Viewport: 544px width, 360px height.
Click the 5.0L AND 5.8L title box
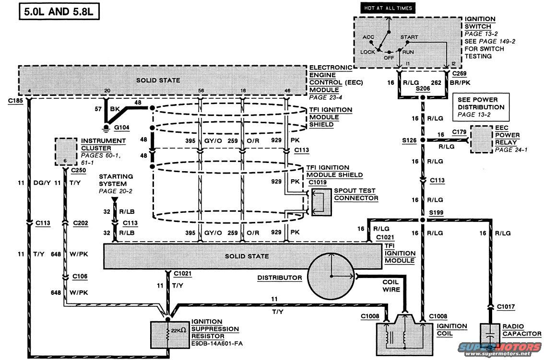point(59,12)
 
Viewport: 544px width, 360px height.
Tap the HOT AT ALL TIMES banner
point(388,8)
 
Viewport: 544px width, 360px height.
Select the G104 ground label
point(122,128)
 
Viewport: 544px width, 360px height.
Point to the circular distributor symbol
point(331,276)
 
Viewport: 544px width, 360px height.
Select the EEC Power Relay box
point(481,139)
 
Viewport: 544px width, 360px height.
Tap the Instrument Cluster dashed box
point(66,151)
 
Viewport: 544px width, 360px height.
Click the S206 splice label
point(423,88)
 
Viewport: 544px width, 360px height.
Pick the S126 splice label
point(409,140)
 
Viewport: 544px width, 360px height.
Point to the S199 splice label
point(436,213)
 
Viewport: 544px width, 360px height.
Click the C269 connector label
point(460,73)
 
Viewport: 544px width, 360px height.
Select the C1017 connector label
point(506,307)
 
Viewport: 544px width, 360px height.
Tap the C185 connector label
point(16,101)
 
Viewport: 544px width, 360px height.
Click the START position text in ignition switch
point(409,37)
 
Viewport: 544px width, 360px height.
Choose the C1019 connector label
point(318,183)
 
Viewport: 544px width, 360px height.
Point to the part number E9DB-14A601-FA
point(217,344)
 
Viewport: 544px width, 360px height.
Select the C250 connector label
point(78,170)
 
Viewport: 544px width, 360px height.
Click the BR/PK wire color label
point(460,82)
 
